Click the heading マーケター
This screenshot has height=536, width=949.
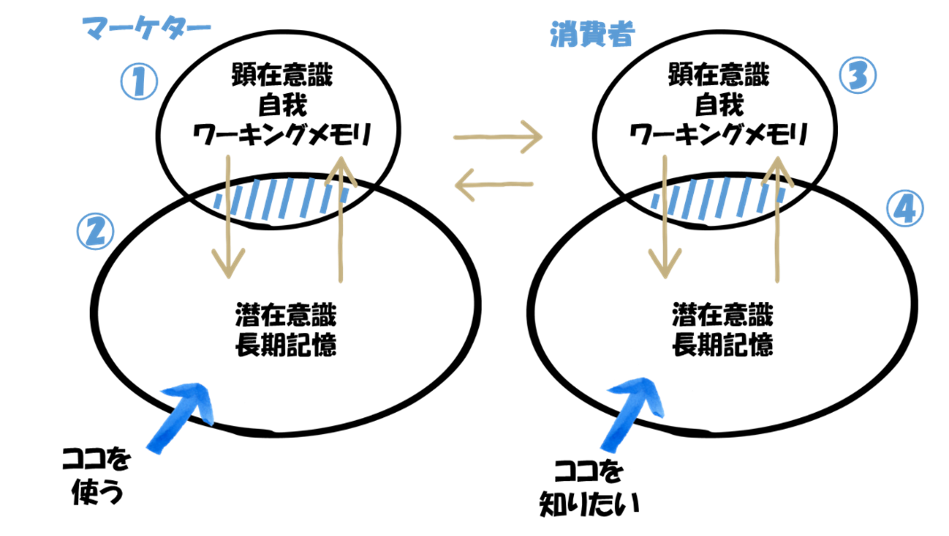(x=147, y=28)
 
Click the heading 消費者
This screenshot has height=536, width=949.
(x=592, y=34)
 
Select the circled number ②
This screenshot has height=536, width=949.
(x=96, y=231)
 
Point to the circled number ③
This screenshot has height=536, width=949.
(x=858, y=75)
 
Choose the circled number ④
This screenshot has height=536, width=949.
(x=905, y=209)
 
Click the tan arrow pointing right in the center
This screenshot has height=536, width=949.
(x=497, y=137)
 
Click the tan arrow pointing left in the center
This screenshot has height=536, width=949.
(x=494, y=185)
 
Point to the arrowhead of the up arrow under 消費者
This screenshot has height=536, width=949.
(x=777, y=169)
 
